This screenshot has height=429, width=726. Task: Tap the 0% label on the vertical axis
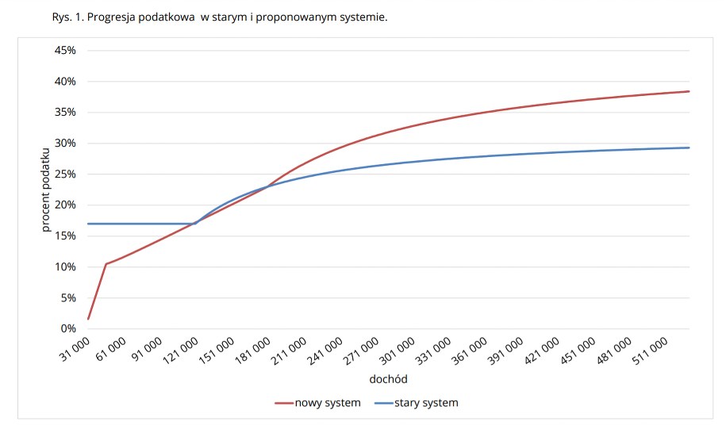click(68, 329)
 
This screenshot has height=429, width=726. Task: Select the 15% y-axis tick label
click(65, 236)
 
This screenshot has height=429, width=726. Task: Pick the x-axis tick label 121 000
click(183, 350)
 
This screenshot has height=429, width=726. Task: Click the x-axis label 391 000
click(505, 350)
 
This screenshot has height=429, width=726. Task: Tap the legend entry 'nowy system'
click(327, 403)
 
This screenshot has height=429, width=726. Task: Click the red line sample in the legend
click(283, 403)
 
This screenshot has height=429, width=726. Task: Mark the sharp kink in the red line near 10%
click(106, 264)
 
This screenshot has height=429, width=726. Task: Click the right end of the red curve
click(689, 91)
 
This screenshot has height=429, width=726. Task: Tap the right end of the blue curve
click(689, 147)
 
